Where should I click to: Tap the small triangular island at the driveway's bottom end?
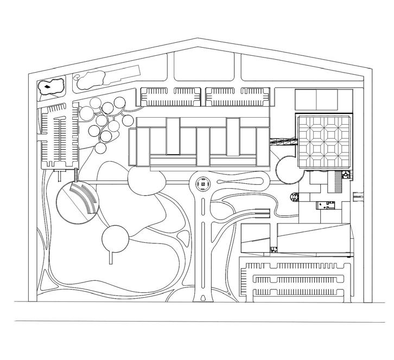[203, 297]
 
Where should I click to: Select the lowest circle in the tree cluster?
[100, 148]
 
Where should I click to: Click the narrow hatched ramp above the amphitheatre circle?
[75, 175]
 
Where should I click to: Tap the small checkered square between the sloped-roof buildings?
[274, 250]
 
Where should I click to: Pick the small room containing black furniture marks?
[326, 204]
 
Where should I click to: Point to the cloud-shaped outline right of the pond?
[90, 80]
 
